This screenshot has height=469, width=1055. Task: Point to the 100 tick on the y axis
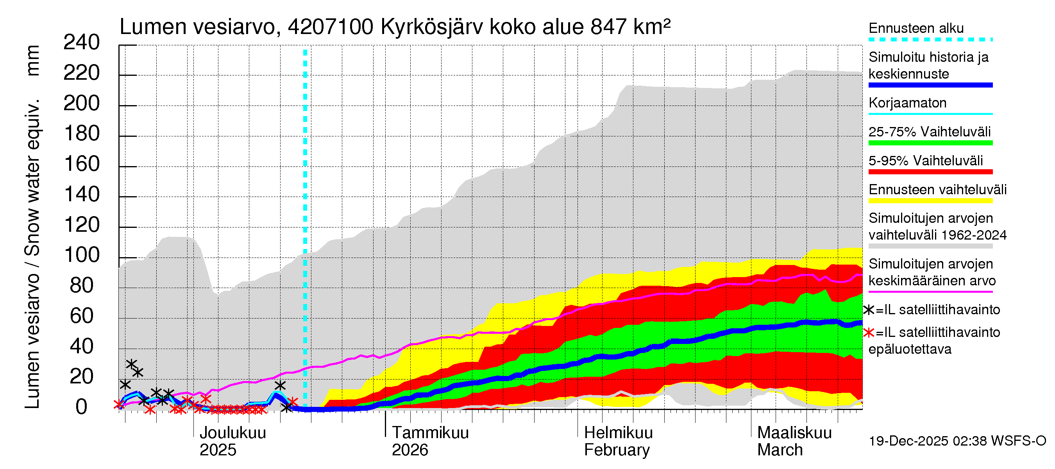(82, 255)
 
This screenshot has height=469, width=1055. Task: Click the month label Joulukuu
(232, 433)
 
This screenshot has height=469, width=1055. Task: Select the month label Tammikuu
(430, 433)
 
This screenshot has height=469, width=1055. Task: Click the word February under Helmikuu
(616, 450)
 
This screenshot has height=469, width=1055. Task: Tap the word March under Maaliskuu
(780, 450)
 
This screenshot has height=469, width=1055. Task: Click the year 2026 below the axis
(409, 450)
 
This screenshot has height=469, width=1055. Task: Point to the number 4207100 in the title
(330, 27)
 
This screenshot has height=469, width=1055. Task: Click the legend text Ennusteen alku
(916, 28)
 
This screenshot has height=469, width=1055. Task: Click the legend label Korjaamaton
(907, 103)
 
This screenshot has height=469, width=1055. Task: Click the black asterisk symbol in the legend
(868, 310)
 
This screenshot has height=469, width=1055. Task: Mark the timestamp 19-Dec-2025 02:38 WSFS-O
(957, 441)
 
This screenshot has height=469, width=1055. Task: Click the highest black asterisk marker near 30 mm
(131, 364)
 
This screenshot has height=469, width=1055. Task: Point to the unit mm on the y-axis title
(32, 60)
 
